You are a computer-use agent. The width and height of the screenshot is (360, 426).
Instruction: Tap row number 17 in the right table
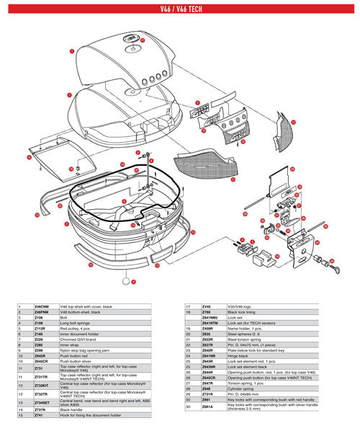pyautogui.click(x=188, y=306)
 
